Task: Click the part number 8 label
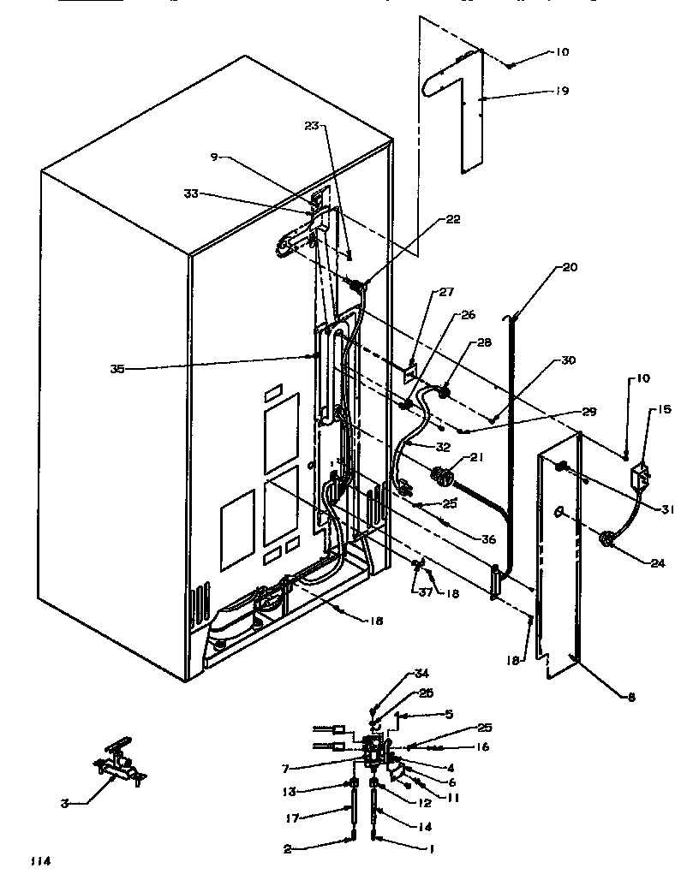click(x=631, y=698)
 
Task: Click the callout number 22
click(x=453, y=219)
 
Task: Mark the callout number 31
click(x=668, y=509)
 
